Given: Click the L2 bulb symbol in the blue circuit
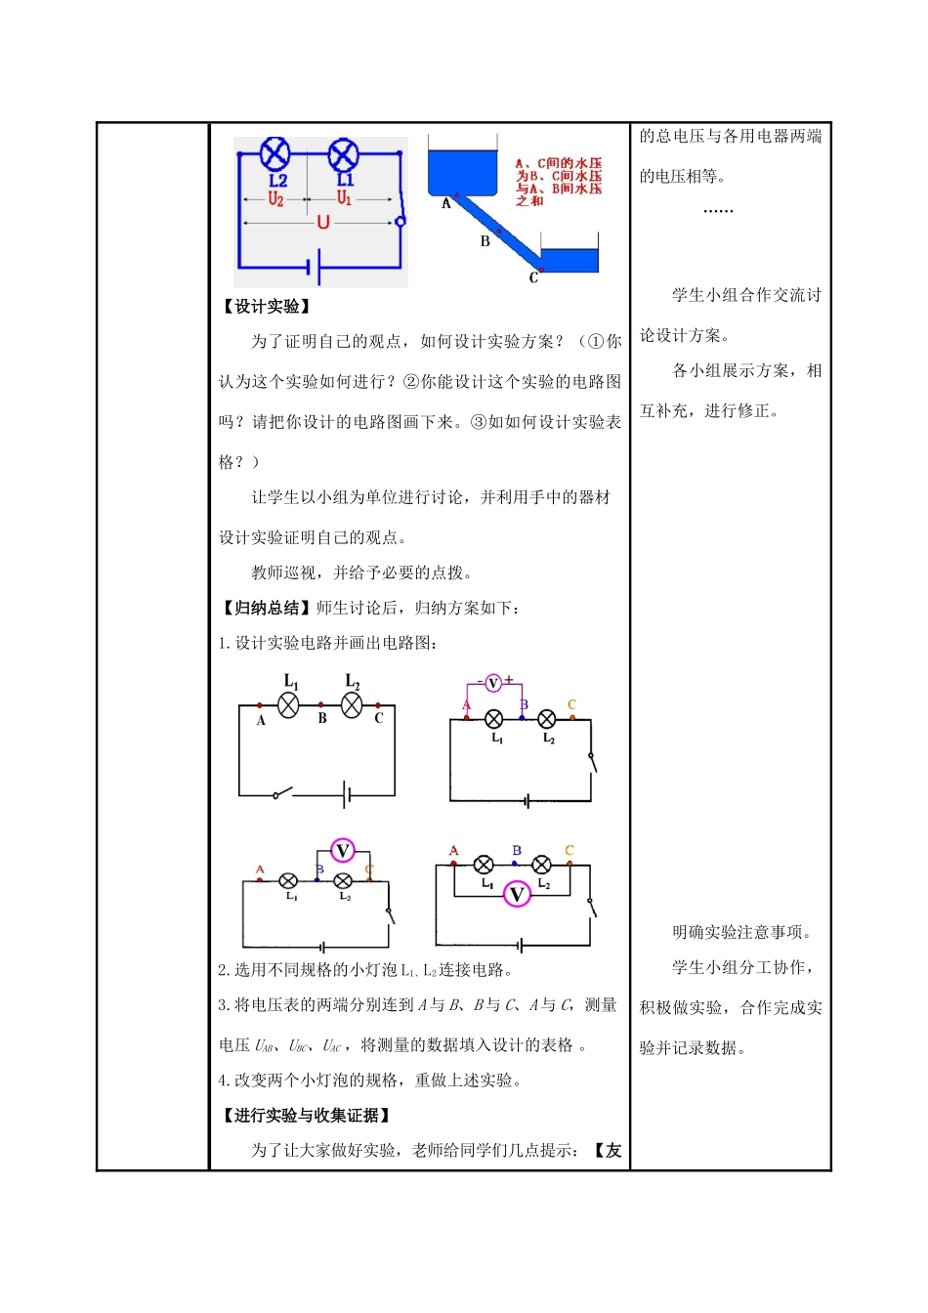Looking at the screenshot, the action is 276,153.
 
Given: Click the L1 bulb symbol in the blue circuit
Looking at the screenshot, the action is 343,153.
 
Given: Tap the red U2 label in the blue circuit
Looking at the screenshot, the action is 276,199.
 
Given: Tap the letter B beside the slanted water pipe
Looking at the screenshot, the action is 485,241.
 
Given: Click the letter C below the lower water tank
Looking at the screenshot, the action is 533,277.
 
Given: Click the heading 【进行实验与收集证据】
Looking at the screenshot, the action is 307,1115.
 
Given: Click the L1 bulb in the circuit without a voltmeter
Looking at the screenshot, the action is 288,705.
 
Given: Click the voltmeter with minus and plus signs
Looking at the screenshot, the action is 493,683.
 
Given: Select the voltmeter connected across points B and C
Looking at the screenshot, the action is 342,851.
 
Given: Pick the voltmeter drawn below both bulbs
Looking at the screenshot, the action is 517,893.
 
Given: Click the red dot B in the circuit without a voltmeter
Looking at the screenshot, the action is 321,704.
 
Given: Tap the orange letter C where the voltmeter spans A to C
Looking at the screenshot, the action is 569,850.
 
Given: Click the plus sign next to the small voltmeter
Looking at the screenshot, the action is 509,679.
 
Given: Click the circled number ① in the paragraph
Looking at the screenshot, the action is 597,342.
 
